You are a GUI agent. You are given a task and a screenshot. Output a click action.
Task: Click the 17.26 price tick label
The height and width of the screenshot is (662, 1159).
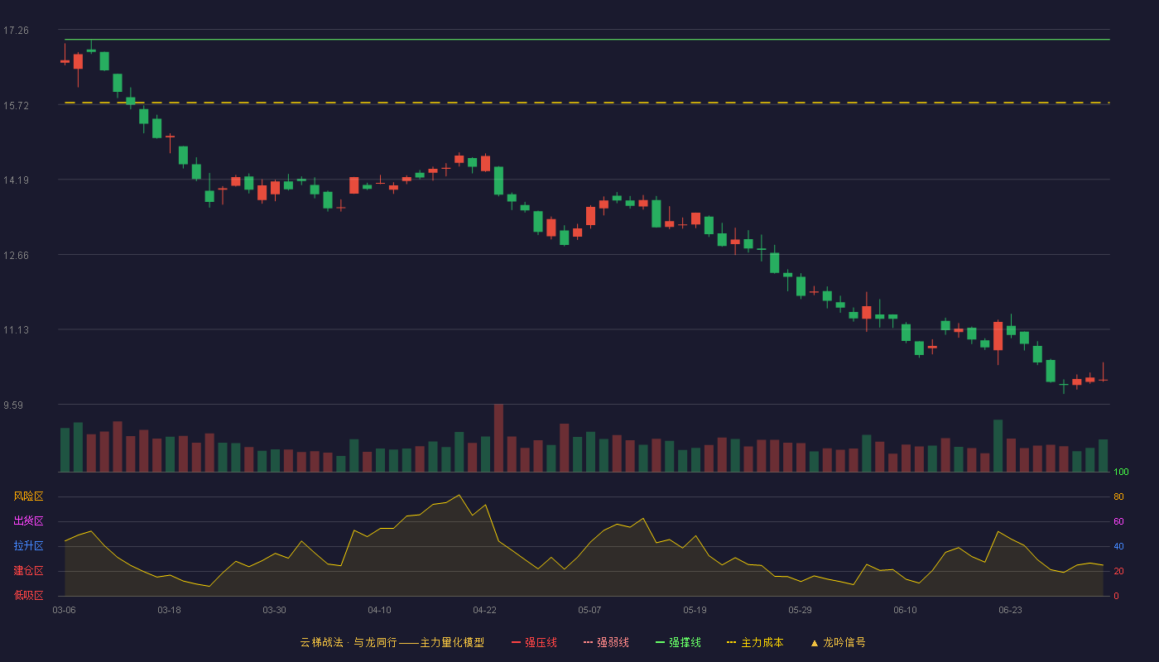(x=16, y=31)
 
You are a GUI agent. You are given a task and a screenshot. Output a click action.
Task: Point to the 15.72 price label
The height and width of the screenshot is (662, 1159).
(x=16, y=106)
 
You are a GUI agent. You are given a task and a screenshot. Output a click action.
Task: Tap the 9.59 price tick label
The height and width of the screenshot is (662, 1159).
(x=13, y=405)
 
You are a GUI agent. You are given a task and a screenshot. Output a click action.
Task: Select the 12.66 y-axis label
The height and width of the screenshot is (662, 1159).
(x=16, y=255)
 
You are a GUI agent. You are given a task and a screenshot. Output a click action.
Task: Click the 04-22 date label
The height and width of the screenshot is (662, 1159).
(x=484, y=611)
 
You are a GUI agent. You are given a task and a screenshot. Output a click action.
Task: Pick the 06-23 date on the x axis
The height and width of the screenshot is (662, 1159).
(x=1010, y=611)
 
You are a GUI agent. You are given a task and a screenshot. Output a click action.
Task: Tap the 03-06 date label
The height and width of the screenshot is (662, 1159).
(x=65, y=611)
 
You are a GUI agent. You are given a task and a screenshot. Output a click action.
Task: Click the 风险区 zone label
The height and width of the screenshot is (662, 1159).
(x=28, y=496)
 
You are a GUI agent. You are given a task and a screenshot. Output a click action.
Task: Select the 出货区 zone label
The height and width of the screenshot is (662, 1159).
(x=28, y=520)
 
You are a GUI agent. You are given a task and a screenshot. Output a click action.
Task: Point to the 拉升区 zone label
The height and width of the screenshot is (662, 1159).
(x=28, y=545)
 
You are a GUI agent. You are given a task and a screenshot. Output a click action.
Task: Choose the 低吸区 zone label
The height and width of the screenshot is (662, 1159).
(x=28, y=595)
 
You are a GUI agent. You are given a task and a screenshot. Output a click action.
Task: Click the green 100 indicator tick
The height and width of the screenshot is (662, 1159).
(x=1121, y=472)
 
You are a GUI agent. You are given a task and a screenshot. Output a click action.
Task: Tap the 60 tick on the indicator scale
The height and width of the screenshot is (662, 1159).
(x=1118, y=521)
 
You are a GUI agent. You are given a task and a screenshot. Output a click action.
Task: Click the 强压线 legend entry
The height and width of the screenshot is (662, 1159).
(x=534, y=642)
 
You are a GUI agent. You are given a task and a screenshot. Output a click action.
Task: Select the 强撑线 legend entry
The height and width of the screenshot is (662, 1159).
(x=678, y=642)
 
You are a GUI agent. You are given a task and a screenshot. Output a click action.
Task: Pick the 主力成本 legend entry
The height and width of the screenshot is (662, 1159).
(x=755, y=642)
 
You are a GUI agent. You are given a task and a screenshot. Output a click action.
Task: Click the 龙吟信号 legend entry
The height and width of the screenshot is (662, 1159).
(x=838, y=642)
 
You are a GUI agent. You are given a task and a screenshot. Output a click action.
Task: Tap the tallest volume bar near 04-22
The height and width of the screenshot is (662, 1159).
(x=498, y=438)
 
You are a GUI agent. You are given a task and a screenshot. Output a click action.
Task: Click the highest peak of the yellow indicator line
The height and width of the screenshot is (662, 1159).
(x=459, y=495)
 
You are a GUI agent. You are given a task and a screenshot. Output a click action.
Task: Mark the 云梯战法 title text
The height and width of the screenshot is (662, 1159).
(x=321, y=642)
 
